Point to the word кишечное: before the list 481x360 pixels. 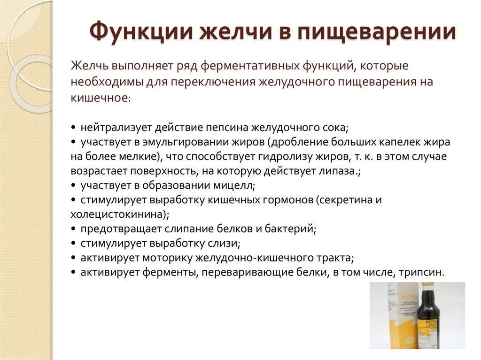pyautogui.click(x=100, y=98)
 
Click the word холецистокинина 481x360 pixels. pyautogui.click(x=118, y=214)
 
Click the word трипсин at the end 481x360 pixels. pyautogui.click(x=425, y=273)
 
